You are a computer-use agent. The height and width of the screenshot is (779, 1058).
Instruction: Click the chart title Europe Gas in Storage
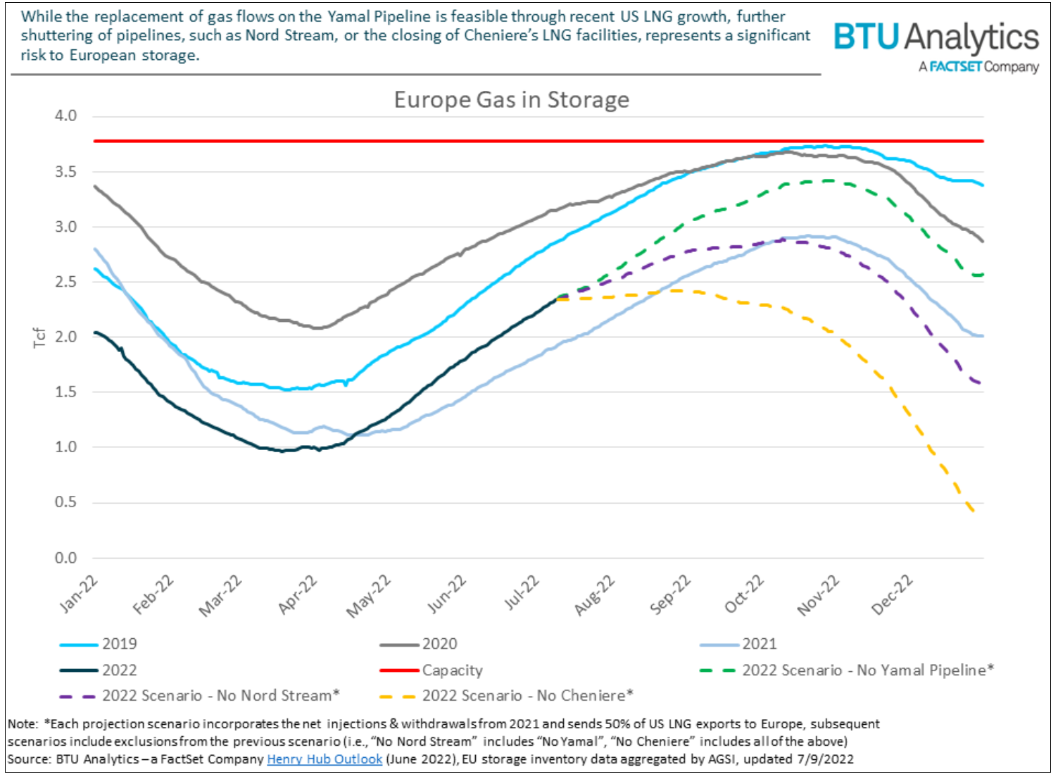click(x=511, y=100)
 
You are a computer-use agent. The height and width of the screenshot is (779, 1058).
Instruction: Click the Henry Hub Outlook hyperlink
click(x=325, y=759)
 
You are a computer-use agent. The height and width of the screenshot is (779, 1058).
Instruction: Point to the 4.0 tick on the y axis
click(x=65, y=116)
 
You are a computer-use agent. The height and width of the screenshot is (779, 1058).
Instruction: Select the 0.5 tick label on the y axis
click(x=65, y=502)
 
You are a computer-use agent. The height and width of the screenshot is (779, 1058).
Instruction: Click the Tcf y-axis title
click(x=39, y=337)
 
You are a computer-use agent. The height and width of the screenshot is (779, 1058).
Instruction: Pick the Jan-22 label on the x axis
click(x=78, y=594)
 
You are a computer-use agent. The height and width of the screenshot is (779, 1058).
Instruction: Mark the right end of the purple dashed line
click(x=980, y=384)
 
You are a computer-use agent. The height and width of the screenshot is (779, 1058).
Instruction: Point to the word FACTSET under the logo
click(x=955, y=67)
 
